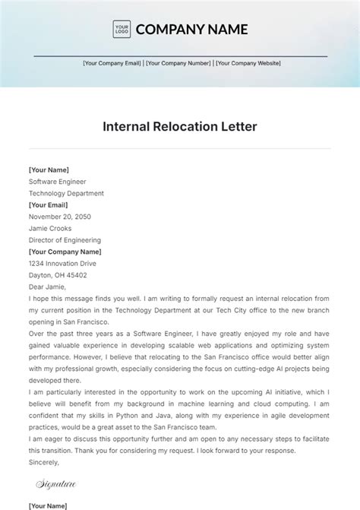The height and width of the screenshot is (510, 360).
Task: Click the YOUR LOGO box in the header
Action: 122,30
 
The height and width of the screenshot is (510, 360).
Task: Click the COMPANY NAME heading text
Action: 191,30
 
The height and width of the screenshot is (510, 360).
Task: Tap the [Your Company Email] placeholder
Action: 112,64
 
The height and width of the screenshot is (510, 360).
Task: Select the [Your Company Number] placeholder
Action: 178,64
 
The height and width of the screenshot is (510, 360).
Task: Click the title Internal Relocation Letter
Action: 180,127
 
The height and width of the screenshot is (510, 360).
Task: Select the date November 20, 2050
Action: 59,217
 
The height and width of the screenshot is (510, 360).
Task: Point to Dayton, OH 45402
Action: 58,275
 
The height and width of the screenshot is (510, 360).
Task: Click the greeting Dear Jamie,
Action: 47,287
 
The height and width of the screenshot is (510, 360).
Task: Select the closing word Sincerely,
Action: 44,461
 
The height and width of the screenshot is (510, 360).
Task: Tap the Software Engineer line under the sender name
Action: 58,182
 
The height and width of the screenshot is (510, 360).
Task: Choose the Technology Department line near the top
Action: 66,193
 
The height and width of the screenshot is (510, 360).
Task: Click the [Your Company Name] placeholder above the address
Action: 65,252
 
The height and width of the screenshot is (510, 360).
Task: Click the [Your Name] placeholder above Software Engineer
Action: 49,170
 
